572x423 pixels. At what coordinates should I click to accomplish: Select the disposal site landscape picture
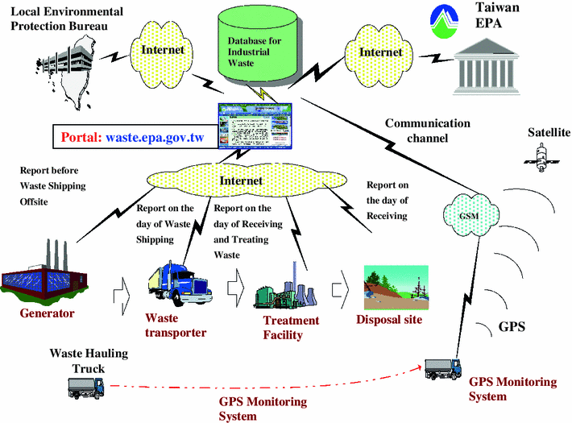(395, 285)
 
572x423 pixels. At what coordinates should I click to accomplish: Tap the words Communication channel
(426, 131)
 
